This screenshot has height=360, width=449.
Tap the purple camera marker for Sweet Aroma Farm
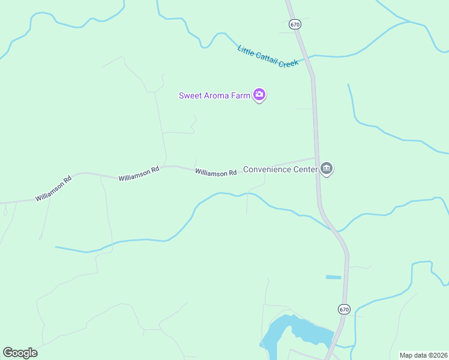click(259, 94)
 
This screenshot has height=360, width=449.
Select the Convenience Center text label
click(280, 169)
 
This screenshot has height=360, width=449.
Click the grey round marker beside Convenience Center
click(327, 169)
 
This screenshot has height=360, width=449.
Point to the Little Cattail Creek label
click(268, 56)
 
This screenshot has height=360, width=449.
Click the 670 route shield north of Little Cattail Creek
click(294, 24)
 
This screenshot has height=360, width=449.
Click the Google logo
click(20, 353)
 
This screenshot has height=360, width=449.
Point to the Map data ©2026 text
click(423, 355)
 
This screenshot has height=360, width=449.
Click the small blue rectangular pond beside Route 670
click(333, 277)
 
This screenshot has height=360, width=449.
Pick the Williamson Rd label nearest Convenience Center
click(215, 172)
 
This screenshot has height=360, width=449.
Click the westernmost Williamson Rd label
click(53, 188)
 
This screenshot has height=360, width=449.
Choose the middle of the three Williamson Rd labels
click(139, 174)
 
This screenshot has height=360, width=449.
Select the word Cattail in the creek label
click(267, 56)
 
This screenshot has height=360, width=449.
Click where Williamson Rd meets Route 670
click(315, 158)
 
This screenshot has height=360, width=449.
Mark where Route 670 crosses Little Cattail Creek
click(307, 57)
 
